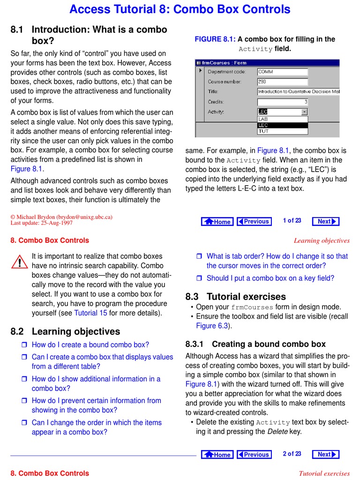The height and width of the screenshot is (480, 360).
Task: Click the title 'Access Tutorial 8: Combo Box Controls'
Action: coord(180,9)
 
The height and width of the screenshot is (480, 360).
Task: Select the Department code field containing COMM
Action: coord(282,72)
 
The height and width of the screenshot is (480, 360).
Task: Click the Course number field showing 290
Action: coord(282,82)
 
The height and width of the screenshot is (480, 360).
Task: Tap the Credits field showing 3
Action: coord(282,102)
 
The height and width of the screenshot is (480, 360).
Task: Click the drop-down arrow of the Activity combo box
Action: coord(304,112)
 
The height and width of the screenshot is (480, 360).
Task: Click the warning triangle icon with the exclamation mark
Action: coord(20,262)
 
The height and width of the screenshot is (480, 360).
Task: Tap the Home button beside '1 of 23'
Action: coord(217,222)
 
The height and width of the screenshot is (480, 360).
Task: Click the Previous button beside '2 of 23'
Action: coord(254,454)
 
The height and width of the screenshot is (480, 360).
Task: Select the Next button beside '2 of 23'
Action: coord(327,454)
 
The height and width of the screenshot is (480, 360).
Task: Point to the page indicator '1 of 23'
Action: coord(292,221)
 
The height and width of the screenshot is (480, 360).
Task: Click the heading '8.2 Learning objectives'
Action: coord(65,331)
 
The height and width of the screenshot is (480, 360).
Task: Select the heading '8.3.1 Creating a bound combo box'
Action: coord(255,344)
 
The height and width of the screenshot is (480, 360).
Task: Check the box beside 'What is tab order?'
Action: coord(198,256)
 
